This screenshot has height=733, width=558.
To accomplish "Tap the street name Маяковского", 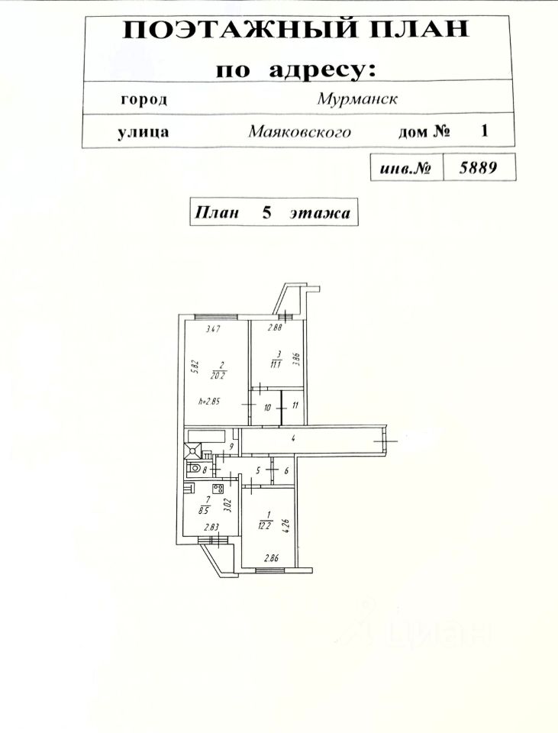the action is point(299,131).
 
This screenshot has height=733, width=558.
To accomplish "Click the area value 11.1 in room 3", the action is point(277,363).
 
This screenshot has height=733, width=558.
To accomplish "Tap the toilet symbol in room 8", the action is point(196,470).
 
